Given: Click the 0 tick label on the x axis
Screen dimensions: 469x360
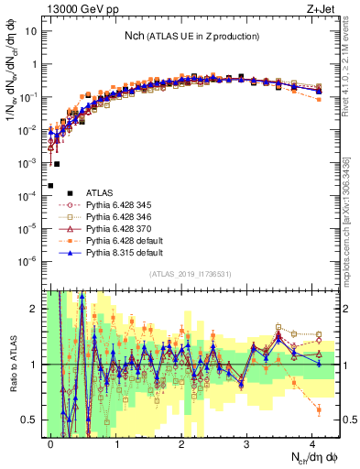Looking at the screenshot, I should [x=51, y=442].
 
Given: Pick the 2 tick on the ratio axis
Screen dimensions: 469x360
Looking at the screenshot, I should [x=34, y=309].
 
